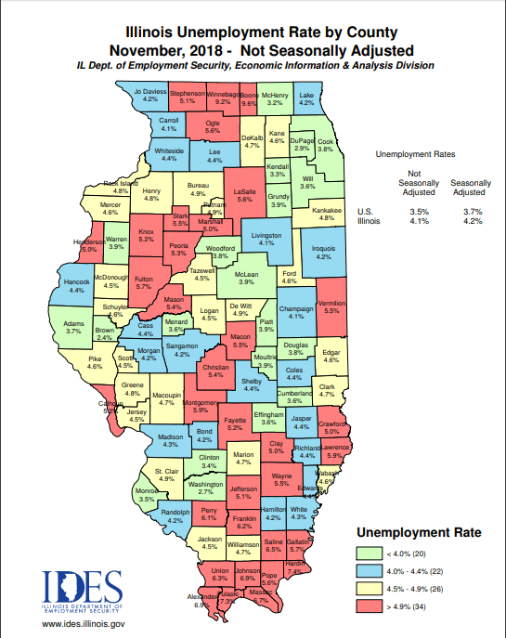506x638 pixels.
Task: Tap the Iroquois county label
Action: (323, 252)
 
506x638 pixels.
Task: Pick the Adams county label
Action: (74, 326)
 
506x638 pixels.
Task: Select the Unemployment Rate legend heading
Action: (419, 533)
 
